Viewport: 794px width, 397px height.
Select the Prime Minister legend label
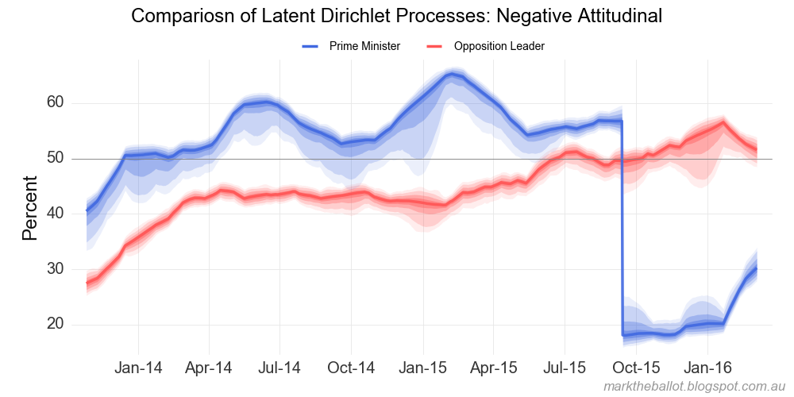[364, 47]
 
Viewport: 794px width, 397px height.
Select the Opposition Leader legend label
[499, 47]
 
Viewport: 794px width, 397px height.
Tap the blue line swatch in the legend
[310, 47]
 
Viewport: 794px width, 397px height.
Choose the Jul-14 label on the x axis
[280, 368]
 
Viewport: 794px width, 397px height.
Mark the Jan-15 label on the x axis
[422, 368]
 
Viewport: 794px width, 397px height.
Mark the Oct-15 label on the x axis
[637, 368]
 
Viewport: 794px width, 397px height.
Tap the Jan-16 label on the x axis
[707, 368]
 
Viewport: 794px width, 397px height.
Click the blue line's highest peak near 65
[452, 75]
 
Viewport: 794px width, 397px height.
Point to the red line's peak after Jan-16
[723, 122]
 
